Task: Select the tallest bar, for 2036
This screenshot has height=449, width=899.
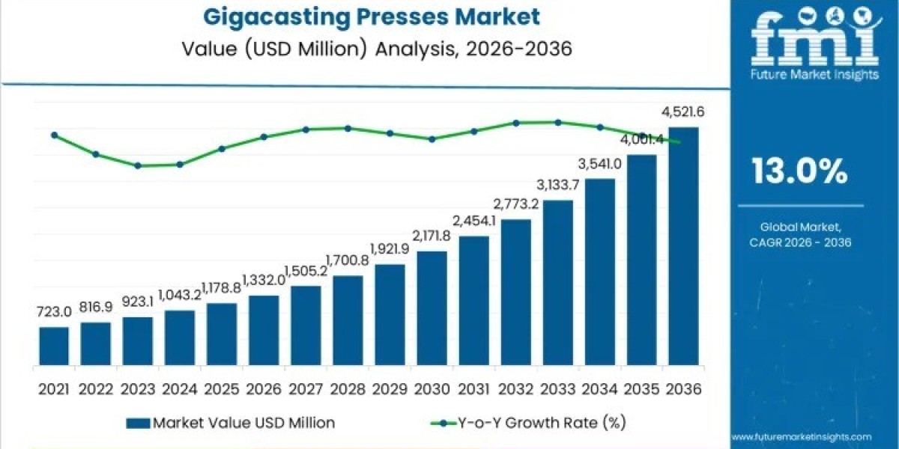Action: [683, 246]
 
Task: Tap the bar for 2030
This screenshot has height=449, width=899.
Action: [432, 308]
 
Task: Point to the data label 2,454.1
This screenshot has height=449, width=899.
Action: [473, 221]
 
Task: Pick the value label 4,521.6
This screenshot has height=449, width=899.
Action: [682, 113]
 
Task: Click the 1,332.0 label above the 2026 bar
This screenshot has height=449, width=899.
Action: [264, 280]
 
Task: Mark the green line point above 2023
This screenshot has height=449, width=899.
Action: [138, 165]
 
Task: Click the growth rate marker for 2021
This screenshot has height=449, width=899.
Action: [54, 135]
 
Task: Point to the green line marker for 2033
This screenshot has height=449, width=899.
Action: [557, 122]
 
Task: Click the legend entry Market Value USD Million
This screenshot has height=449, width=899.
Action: [232, 423]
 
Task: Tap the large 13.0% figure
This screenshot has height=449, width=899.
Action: [799, 173]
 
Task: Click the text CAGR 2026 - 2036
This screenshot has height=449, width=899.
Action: [800, 242]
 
